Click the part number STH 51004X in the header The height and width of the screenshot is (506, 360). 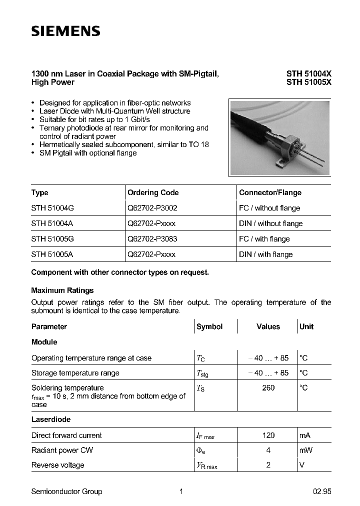point(308,73)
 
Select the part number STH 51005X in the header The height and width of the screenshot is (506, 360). point(308,82)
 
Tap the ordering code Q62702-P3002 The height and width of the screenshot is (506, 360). point(152,208)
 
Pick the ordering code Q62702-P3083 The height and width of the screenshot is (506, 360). point(152,239)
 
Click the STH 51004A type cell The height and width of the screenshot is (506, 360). point(52,223)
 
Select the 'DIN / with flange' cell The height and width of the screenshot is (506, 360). point(265,254)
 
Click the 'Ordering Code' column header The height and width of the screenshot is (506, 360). point(153,192)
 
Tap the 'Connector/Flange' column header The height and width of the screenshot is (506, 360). point(270,192)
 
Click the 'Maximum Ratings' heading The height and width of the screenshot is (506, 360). point(62,290)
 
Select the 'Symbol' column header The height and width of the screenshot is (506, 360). point(209,326)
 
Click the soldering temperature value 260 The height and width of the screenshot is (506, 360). point(268,388)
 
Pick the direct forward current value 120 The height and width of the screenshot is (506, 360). point(268,435)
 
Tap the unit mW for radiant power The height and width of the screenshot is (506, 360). point(305,450)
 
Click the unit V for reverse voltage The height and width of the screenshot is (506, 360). point(301,465)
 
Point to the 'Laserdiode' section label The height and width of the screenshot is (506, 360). point(50,419)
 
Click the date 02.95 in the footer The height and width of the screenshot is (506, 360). point(322,491)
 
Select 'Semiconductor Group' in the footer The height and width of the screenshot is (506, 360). point(66,491)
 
